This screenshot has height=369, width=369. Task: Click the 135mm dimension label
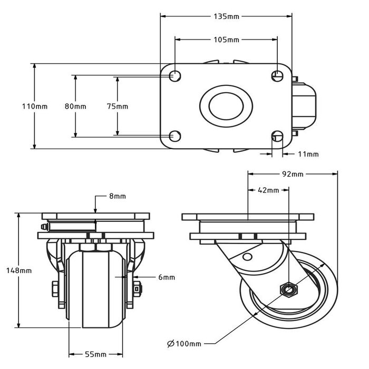(227, 17)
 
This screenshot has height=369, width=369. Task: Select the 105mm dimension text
(227, 40)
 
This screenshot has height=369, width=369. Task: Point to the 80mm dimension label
(75, 106)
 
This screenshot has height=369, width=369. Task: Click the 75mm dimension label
(117, 106)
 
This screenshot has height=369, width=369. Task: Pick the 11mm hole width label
(308, 154)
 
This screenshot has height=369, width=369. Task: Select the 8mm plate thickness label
(117, 197)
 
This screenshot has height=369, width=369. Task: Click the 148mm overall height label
(20, 270)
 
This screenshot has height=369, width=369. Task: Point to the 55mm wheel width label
(97, 354)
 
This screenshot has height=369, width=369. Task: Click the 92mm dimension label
(293, 173)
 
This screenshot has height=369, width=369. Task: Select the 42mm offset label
(268, 190)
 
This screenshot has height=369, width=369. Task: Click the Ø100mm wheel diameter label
(184, 344)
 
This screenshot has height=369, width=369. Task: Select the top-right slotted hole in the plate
(277, 76)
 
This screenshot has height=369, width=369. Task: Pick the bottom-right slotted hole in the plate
(277, 137)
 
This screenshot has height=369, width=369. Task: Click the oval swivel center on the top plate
(226, 106)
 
